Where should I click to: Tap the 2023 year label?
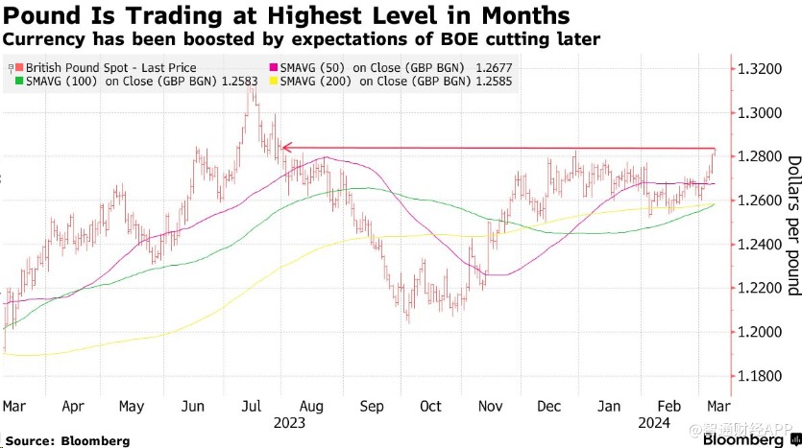[288, 423]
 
